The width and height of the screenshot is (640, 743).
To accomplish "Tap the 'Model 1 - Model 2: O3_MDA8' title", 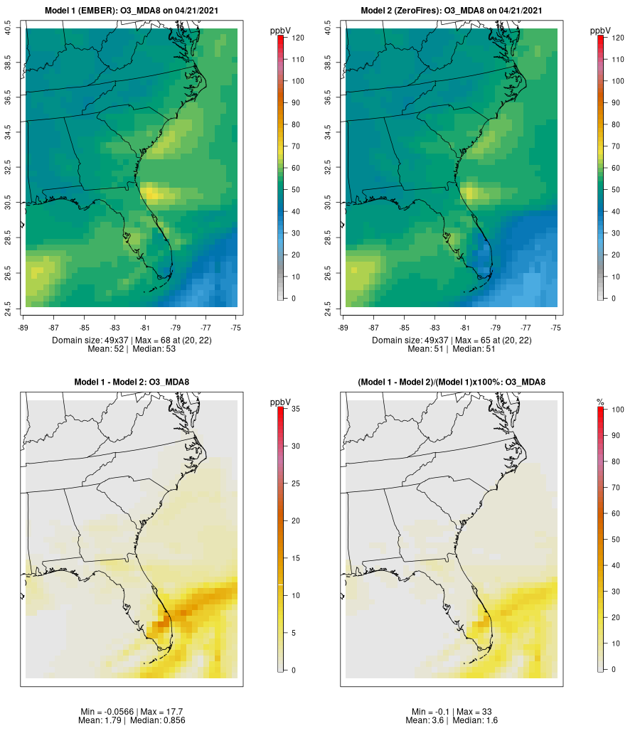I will (132, 383).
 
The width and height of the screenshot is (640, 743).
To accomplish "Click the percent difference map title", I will (452, 383).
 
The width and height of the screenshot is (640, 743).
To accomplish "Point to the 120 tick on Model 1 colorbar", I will (297, 38).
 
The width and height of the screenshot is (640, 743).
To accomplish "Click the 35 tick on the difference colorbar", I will (294, 409).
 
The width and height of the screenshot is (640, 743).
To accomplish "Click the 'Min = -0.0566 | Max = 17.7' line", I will (132, 712).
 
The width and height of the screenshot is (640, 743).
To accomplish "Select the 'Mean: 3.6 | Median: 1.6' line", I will (452, 720).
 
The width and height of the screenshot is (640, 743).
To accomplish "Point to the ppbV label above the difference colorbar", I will (281, 402).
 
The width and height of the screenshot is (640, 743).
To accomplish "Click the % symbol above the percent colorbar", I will (601, 402).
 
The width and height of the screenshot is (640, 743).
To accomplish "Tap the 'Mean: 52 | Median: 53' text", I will (132, 349).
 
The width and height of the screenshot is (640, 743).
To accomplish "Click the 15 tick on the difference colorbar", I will (294, 557).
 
